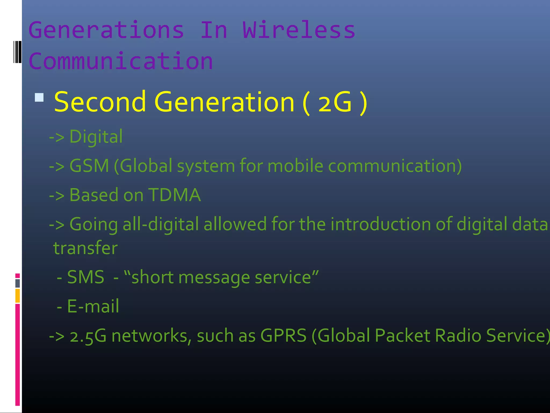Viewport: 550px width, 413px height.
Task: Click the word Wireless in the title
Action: pyautogui.click(x=299, y=30)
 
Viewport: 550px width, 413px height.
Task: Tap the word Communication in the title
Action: pyautogui.click(x=121, y=61)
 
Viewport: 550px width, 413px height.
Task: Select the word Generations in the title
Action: pyautogui.click(x=106, y=30)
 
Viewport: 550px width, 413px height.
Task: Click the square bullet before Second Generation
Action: pyautogui.click(x=39, y=97)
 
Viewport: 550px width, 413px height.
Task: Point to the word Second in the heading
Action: pyautogui.click(x=100, y=102)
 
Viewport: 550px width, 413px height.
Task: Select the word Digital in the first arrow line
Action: pyautogui.click(x=96, y=137)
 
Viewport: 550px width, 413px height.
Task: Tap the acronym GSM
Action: pyautogui.click(x=89, y=166)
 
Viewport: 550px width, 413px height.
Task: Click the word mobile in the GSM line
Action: pyautogui.click(x=295, y=166)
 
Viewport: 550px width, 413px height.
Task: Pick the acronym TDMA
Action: pyautogui.click(x=174, y=195)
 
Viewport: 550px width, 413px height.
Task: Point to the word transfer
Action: pyautogui.click(x=85, y=248)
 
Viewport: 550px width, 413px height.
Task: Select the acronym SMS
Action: pyautogui.click(x=86, y=277)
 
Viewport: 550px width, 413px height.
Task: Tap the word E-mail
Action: pyautogui.click(x=93, y=306)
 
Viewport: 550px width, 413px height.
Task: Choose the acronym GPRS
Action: pyautogui.click(x=283, y=336)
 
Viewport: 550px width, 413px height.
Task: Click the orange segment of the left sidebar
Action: pyautogui.click(x=17, y=295)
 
